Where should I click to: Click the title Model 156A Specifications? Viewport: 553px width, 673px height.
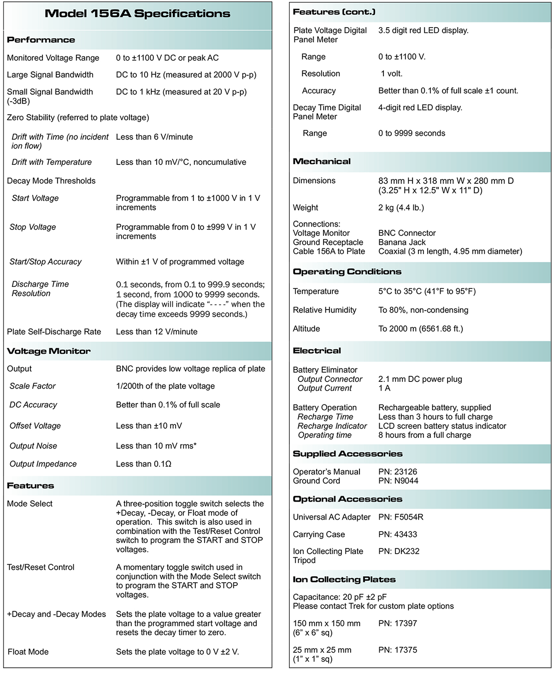137,14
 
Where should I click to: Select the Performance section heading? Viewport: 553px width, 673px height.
41,40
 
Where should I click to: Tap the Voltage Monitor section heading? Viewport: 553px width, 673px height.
49,351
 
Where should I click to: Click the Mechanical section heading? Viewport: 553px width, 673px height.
322,162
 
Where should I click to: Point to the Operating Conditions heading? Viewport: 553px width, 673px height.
347,272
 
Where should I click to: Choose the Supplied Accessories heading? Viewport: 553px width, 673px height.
347,454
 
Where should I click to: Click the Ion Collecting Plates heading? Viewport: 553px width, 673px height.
344,579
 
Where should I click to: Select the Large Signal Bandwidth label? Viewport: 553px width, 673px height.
50,75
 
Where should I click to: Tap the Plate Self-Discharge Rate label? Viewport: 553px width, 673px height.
54,332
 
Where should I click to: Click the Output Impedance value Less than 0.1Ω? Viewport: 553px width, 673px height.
144,464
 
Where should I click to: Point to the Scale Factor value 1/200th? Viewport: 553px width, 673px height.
165,386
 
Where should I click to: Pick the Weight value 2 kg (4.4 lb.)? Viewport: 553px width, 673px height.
401,208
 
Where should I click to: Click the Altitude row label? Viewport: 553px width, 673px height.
306,328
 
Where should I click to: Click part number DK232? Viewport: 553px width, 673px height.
399,551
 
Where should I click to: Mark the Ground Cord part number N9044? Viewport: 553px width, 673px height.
398,481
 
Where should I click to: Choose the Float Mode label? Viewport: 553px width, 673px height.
28,652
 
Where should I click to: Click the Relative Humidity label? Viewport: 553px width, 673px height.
324,310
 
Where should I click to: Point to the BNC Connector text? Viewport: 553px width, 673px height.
407,233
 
